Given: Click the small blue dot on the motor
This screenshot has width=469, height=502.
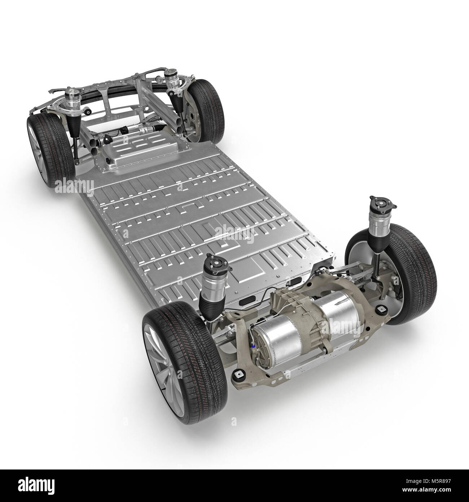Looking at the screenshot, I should pyautogui.click(x=254, y=346).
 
